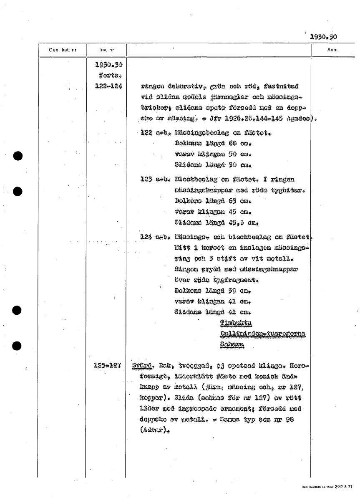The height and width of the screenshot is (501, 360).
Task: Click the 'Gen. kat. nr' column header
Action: tap(63, 50)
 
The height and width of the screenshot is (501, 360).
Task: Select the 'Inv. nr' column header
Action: tap(104, 50)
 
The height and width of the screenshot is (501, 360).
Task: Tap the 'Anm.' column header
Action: tap(332, 50)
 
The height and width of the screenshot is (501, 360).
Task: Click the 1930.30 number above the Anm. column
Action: tap(324, 37)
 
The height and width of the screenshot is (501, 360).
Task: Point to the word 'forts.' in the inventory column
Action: tap(110, 76)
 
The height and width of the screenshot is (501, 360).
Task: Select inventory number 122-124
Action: tap(108, 86)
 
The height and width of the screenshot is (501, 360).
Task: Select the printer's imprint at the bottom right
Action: tap(327, 487)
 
